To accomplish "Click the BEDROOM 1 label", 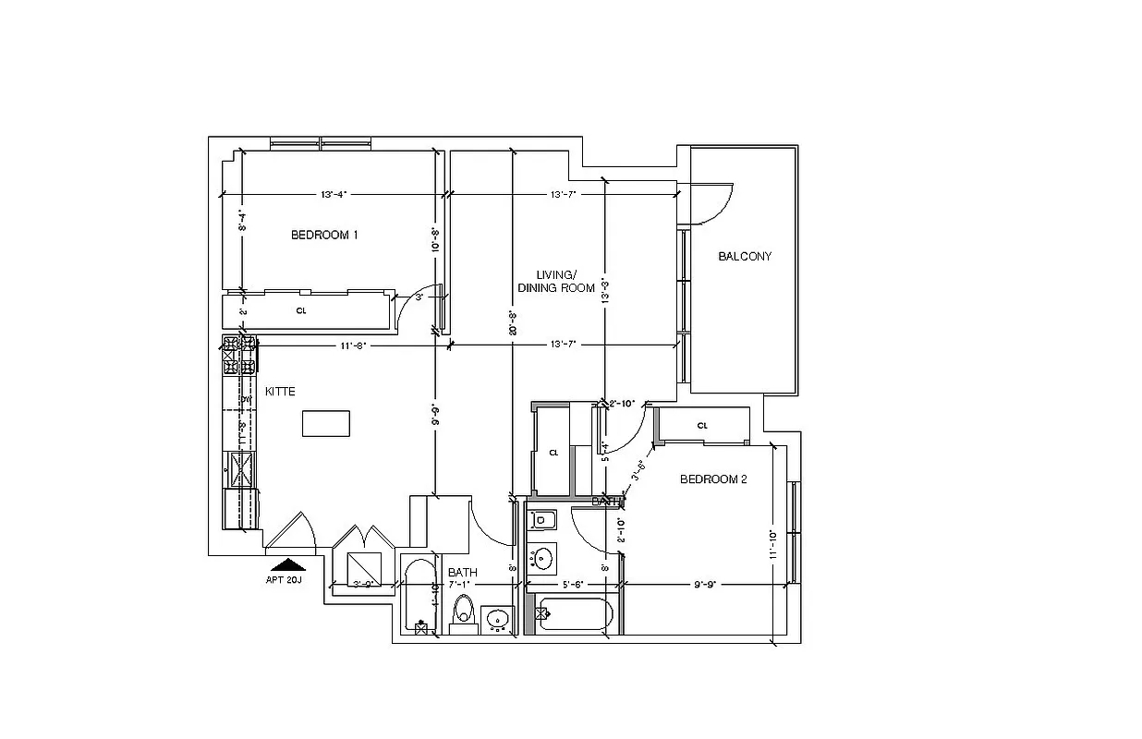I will [x=324, y=235].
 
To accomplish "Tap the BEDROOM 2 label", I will [x=713, y=479].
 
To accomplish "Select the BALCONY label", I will [x=745, y=256].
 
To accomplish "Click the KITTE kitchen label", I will [x=280, y=392].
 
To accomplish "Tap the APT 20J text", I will [x=284, y=580].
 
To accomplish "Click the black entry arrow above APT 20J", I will [x=289, y=564].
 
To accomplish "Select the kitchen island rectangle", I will [x=326, y=423].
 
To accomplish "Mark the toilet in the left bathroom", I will [x=463, y=612].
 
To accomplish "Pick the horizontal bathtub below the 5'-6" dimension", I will [x=575, y=614].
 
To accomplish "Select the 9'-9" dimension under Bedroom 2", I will [x=705, y=584].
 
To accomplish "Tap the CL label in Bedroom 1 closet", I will [x=301, y=311].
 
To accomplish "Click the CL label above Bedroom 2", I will [x=702, y=426].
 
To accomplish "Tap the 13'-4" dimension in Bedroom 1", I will [x=333, y=195].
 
